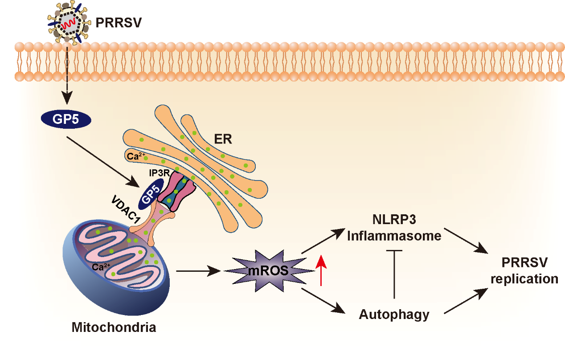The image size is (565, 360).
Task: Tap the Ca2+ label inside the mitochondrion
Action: point(101,267)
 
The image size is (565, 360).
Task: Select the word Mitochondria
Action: point(114,328)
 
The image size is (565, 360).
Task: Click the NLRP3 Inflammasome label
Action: point(394,228)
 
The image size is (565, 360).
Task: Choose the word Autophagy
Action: point(394,315)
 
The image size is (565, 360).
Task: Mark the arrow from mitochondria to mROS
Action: point(199,270)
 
